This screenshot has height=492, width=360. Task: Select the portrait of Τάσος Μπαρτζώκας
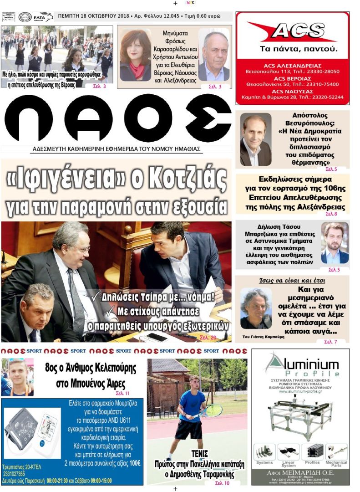(x=335, y=242)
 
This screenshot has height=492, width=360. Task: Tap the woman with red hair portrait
(x=135, y=55)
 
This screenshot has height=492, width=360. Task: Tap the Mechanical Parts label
(x=336, y=463)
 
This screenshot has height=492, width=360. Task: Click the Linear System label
(x=288, y=464)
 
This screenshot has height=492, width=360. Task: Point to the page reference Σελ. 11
(x=122, y=393)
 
